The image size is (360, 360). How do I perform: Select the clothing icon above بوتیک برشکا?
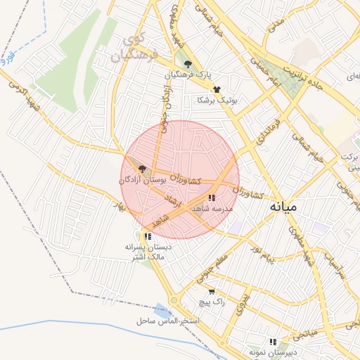[x=217, y=89]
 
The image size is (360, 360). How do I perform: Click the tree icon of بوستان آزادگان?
[x=143, y=169]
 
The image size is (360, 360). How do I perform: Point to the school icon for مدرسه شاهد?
[x=212, y=198]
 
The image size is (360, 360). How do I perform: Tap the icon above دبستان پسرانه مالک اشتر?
[x=147, y=236]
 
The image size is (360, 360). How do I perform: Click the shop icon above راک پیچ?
[x=212, y=291]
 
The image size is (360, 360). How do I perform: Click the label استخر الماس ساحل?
[x=169, y=321]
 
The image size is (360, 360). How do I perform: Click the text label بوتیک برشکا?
[x=218, y=100]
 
